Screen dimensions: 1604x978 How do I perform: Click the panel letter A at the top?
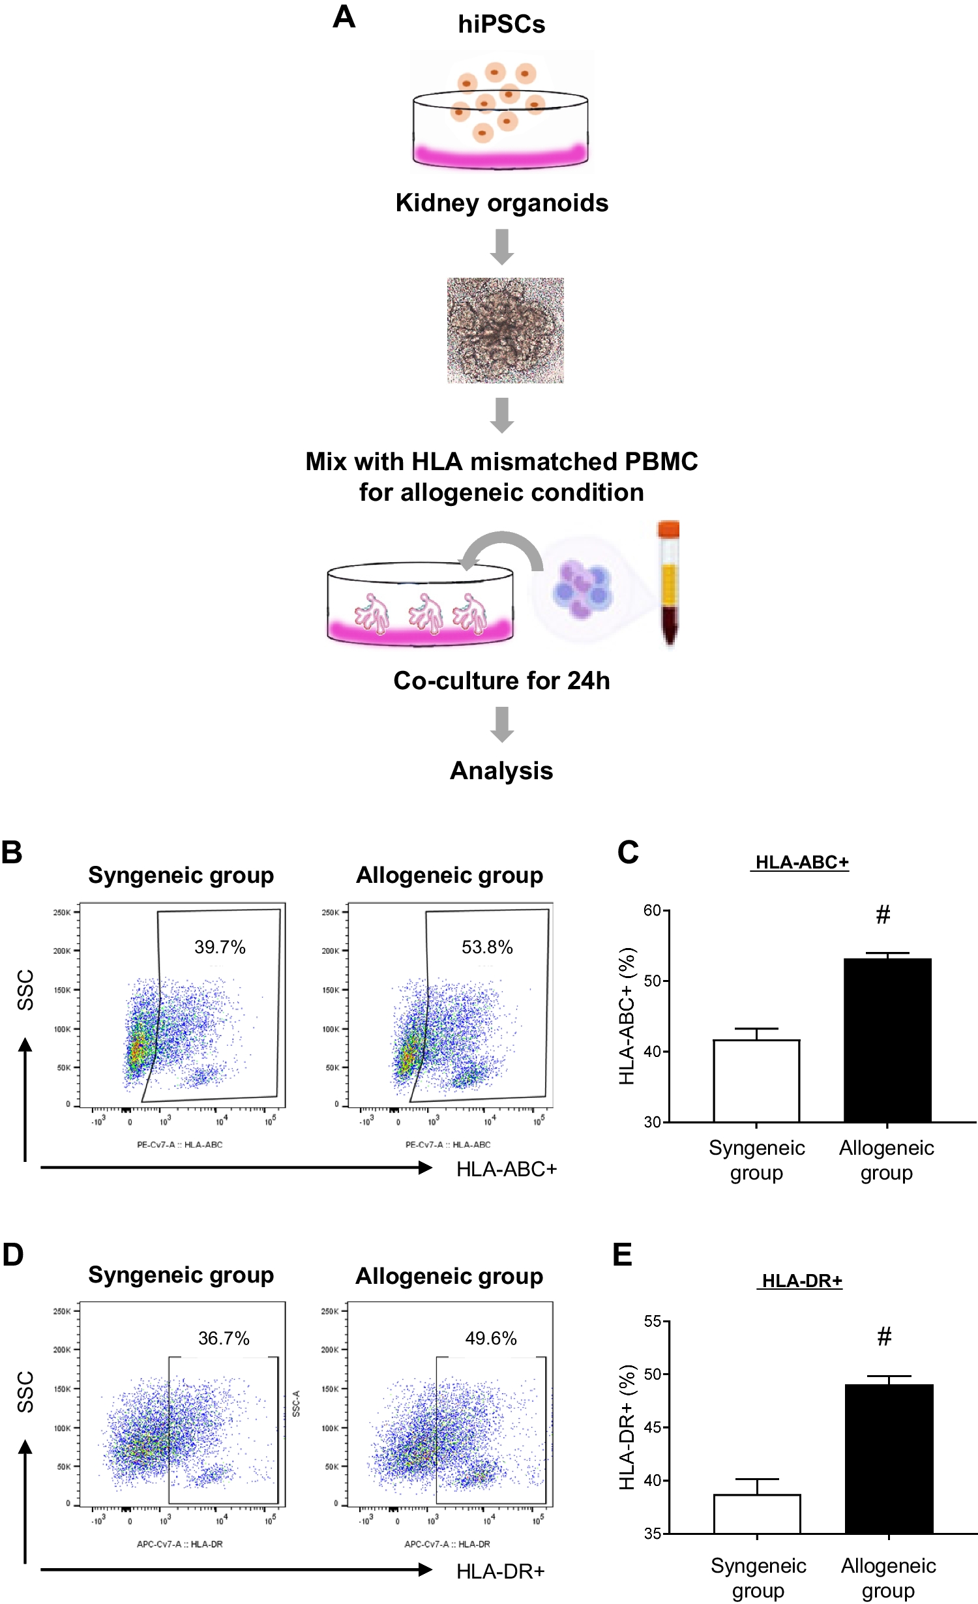click(344, 17)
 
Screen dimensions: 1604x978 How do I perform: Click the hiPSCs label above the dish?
click(501, 24)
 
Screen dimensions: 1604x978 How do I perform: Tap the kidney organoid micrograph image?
click(505, 331)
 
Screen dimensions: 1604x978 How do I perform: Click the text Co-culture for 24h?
click(501, 681)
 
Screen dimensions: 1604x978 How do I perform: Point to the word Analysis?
click(501, 771)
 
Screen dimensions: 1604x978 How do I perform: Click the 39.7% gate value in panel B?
click(220, 947)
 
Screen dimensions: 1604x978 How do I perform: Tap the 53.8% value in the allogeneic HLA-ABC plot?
click(487, 947)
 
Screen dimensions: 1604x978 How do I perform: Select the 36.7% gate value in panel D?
click(224, 1339)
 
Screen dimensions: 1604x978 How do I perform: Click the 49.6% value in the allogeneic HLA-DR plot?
click(491, 1339)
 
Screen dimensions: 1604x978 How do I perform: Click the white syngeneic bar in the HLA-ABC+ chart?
click(756, 1081)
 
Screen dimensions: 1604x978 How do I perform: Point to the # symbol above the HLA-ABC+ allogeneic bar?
click(883, 915)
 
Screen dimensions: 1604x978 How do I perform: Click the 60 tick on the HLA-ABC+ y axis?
click(653, 911)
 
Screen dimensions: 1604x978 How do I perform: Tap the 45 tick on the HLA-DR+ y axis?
click(653, 1428)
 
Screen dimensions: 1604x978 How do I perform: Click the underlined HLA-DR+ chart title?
click(802, 1281)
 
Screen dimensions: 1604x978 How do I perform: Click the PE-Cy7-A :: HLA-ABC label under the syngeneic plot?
click(179, 1144)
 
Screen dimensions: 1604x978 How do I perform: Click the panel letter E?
click(623, 1255)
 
